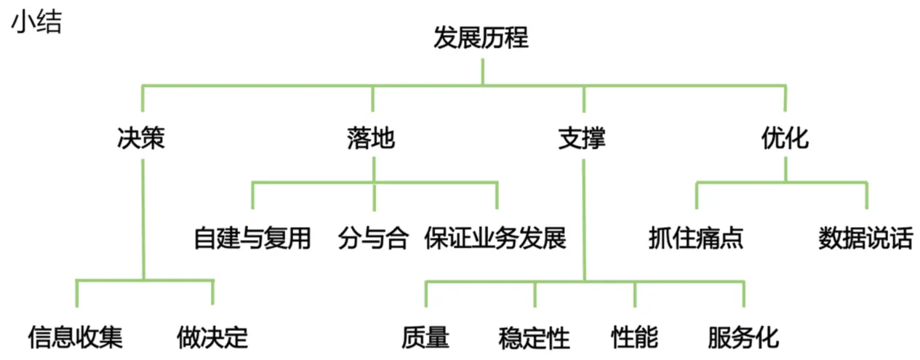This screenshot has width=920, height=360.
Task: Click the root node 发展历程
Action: (x=481, y=38)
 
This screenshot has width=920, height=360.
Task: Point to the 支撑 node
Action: (x=582, y=137)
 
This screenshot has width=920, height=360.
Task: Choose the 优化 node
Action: (x=785, y=137)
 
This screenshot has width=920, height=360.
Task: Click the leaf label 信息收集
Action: (x=76, y=337)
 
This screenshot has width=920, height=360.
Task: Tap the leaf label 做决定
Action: (x=212, y=337)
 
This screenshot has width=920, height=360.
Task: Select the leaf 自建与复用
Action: (x=252, y=238)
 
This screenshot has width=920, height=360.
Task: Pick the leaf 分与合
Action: (x=373, y=238)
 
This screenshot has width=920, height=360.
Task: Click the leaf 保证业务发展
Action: (x=495, y=238)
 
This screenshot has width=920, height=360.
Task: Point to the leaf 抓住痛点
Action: (x=696, y=238)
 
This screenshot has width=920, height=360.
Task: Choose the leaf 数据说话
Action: (x=865, y=238)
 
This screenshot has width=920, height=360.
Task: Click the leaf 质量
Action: (x=425, y=337)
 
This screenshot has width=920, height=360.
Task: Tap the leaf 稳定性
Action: (x=535, y=337)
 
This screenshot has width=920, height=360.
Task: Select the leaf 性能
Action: (x=634, y=337)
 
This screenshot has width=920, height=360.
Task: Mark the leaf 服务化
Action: (x=743, y=337)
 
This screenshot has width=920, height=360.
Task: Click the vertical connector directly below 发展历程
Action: (x=481, y=73)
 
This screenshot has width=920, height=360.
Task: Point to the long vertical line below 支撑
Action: (x=583, y=218)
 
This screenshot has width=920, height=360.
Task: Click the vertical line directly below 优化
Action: (x=785, y=169)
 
